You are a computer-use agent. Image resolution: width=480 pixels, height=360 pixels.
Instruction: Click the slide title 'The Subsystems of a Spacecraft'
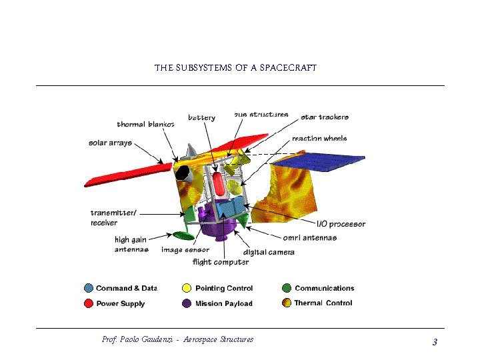pos(235,68)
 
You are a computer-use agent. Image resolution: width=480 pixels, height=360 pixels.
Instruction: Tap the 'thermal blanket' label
pos(145,124)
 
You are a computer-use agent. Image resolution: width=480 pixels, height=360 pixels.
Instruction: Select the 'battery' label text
pos(201,117)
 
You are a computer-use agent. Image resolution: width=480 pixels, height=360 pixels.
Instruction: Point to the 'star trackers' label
pos(325,117)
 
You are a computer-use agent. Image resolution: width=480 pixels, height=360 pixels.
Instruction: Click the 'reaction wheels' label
pos(319,139)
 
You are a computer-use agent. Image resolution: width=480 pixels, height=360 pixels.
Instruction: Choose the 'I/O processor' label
pos(341,224)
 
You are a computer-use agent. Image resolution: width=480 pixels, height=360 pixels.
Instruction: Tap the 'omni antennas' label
pos(309,238)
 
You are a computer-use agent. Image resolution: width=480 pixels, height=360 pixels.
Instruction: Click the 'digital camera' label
pos(269,252)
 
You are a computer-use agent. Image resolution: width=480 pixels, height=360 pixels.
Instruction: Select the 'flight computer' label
pos(221,262)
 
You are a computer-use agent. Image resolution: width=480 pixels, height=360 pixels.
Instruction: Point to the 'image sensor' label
pos(185,250)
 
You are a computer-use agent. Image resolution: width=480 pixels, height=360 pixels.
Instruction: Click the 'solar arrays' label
pos(110,143)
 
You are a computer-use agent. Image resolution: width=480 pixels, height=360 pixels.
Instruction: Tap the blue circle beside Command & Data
pos(89,289)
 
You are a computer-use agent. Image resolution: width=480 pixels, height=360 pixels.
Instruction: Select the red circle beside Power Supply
pos(89,303)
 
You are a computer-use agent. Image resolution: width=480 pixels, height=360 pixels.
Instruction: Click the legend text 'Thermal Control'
pos(324,303)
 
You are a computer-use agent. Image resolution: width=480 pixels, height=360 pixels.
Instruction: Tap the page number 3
pos(434,342)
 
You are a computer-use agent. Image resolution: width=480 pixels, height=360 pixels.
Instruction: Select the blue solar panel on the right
pos(319,162)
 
